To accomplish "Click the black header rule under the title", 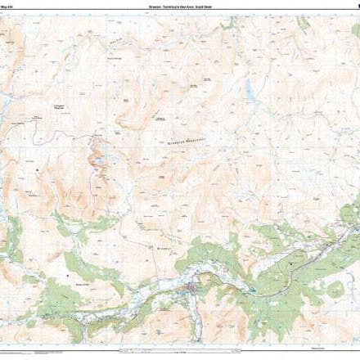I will coord(180,12).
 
